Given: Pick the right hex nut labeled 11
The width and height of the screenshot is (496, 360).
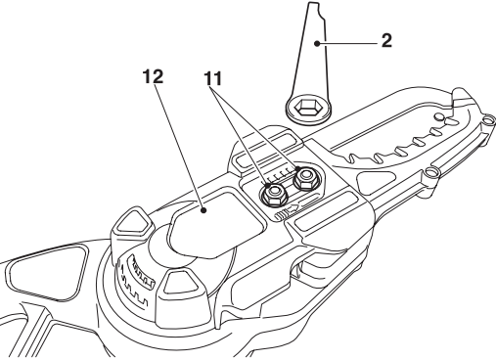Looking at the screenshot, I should (305, 176).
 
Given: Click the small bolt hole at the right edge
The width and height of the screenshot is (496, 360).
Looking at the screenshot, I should (427, 178).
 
